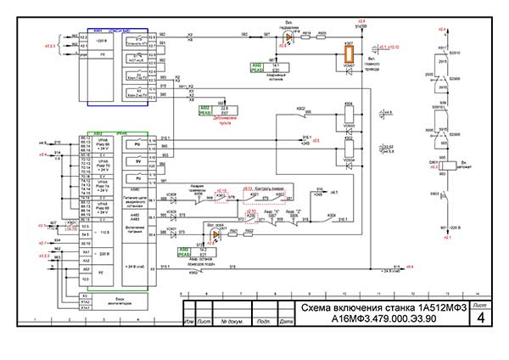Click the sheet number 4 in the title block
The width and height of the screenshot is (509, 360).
coord(481,318)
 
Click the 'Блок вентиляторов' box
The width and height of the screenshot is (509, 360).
coord(109,299)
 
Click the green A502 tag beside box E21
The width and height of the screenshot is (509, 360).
coord(185,252)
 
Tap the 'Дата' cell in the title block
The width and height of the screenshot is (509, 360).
coord(286,323)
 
